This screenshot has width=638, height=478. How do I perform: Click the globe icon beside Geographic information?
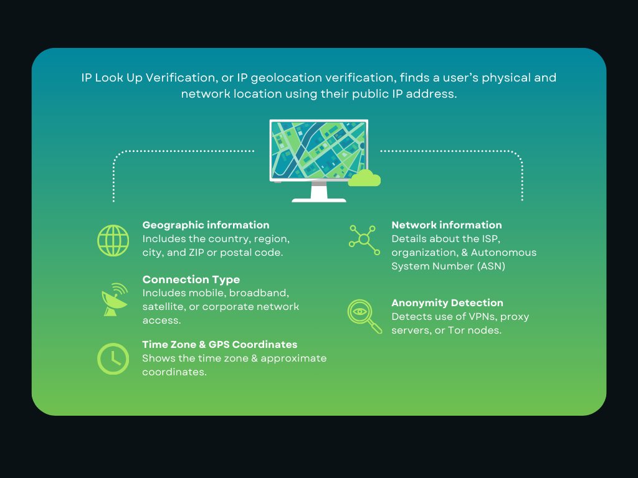[x=113, y=240]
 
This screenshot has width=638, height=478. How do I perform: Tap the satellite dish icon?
[x=114, y=299]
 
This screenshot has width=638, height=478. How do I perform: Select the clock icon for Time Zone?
[x=113, y=359]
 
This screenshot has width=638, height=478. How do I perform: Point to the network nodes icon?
[x=364, y=240]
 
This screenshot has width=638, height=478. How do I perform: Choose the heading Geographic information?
[x=206, y=225]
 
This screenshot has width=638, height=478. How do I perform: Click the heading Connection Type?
[x=191, y=279]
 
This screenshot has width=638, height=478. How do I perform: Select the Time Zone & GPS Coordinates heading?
[x=219, y=345]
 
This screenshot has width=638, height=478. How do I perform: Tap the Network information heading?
[x=446, y=225]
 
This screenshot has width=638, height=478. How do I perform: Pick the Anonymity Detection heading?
[x=447, y=303]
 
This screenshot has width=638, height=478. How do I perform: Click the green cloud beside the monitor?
[x=364, y=179]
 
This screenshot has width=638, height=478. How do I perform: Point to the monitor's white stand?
[x=319, y=193]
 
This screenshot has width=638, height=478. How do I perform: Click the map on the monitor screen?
[x=318, y=150]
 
